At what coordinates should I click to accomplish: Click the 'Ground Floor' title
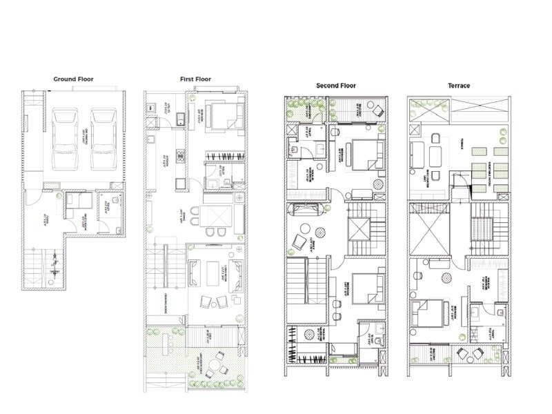tap(73, 79)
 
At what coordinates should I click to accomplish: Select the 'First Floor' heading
tap(195, 79)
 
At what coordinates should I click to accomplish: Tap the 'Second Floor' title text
tap(335, 86)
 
